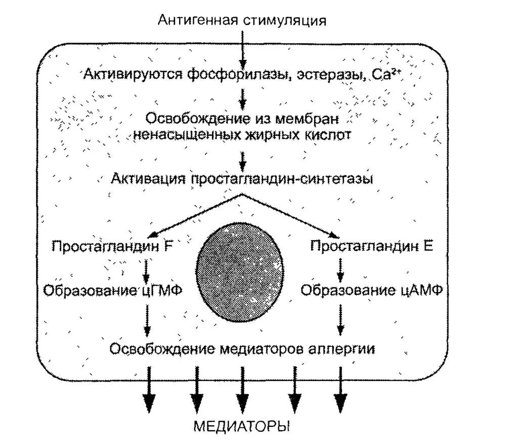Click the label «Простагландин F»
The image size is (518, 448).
pyautogui.click(x=112, y=246)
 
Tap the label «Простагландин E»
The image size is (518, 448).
pyautogui.click(x=371, y=246)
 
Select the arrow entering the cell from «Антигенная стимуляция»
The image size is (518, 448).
pyautogui.click(x=243, y=48)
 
